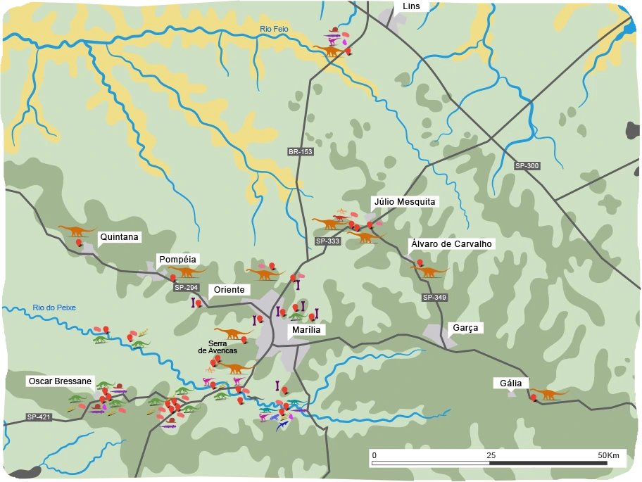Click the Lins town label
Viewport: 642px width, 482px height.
point(411,6)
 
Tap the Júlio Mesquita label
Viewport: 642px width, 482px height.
point(405,202)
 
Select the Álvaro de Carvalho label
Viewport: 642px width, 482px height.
point(451,244)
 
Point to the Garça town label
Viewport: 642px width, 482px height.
point(465,328)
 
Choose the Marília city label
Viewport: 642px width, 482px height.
point(306,330)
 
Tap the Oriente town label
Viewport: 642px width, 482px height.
point(229,290)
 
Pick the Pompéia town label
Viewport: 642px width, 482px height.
point(177,260)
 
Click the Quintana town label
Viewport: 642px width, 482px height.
point(119,237)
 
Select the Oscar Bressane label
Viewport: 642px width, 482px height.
point(60,381)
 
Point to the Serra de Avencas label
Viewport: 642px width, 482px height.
point(218,346)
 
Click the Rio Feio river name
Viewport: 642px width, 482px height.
point(274,29)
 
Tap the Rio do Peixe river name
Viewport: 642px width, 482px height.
point(53,307)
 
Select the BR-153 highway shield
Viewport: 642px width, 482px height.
point(300,152)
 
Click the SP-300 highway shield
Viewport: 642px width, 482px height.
point(527,166)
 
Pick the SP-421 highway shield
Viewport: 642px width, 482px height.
point(39,417)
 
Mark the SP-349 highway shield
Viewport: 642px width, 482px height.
point(434,298)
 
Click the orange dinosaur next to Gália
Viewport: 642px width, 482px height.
point(548,393)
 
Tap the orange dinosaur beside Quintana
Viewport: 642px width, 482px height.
point(76,230)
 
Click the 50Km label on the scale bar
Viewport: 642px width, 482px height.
point(608,455)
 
